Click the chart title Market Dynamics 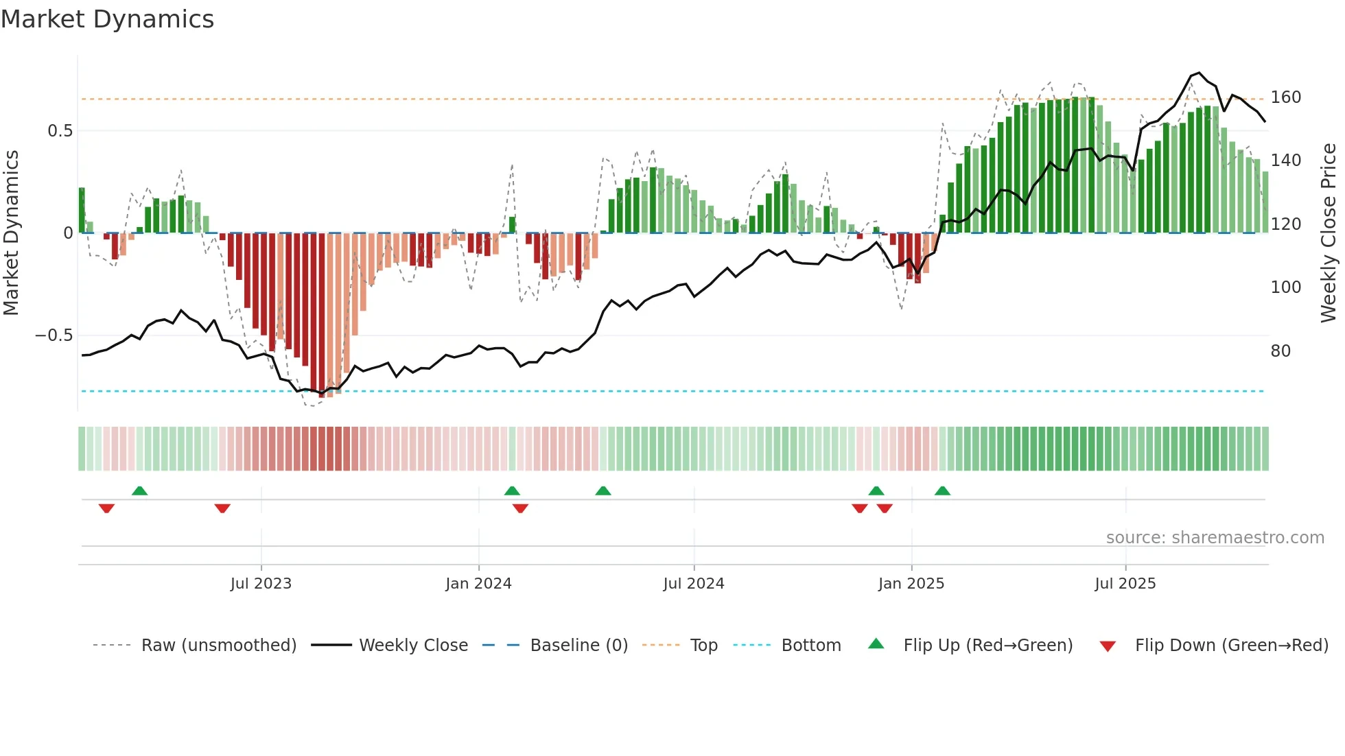point(107,19)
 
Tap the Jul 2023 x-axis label point(261,584)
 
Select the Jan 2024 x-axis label point(478,584)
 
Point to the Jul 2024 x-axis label point(694,584)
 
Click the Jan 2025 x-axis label point(911,584)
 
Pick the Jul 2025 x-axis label point(1125,584)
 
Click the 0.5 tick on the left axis point(60,131)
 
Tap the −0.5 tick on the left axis point(54,335)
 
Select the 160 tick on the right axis point(1285,97)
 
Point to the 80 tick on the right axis point(1280,351)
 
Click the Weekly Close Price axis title point(1329,233)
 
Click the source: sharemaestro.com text point(1215,538)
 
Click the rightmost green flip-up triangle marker point(942,491)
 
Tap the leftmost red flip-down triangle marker point(106,508)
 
